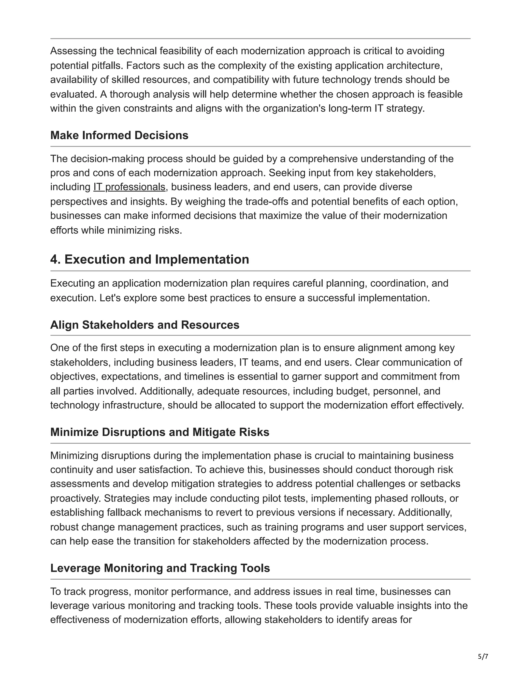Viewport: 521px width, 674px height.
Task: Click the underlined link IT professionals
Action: click(129, 187)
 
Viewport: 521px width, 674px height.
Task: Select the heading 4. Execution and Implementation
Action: click(149, 259)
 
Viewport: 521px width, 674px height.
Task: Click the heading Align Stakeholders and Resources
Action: click(145, 325)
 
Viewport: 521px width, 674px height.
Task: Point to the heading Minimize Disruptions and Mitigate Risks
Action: click(160, 432)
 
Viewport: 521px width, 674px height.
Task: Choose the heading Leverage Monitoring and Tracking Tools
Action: click(160, 568)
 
